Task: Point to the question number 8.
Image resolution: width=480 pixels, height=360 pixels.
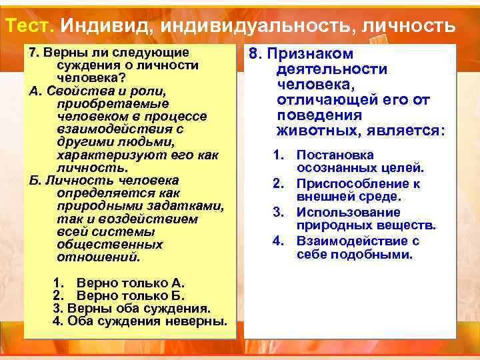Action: (x=255, y=54)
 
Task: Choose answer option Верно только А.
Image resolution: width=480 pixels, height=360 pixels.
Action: (x=130, y=283)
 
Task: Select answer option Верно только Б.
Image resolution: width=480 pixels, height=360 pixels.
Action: (x=130, y=296)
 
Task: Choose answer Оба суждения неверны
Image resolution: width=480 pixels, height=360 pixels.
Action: (x=140, y=322)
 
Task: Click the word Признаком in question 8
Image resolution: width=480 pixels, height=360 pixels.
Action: (x=311, y=54)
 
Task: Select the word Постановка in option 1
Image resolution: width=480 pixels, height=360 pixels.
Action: (x=335, y=155)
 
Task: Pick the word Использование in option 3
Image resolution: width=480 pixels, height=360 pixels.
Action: (x=349, y=213)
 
